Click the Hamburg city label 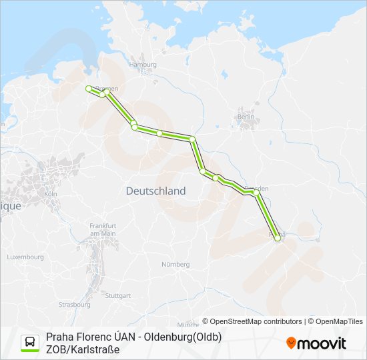click(143, 65)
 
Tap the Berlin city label click(246, 117)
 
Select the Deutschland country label click(155, 191)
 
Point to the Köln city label click(50, 193)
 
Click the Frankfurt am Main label click(103, 229)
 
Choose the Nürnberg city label click(175, 265)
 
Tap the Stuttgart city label click(117, 295)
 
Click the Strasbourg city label click(74, 304)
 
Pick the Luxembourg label click(25, 257)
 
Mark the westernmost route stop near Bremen click(89, 88)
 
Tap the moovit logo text click(322, 343)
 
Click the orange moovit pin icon click(292, 343)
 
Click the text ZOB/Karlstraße click(83, 349)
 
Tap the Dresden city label click(257, 189)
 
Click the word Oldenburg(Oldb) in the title click(180, 337)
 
